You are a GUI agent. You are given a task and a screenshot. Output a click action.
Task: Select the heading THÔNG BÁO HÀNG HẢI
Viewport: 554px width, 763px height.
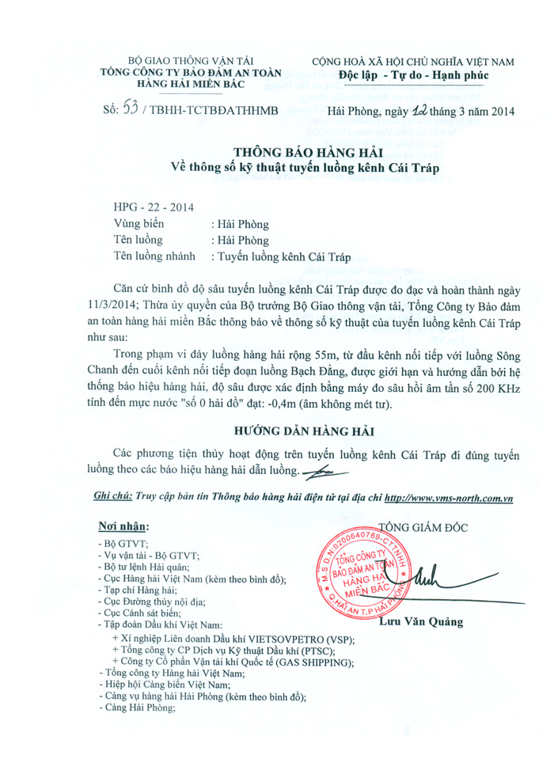pyautogui.click(x=309, y=152)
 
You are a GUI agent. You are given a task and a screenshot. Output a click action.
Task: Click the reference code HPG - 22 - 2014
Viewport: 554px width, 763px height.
pyautogui.click(x=149, y=207)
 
